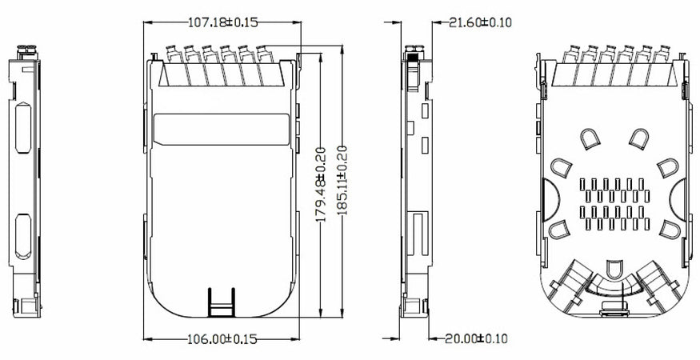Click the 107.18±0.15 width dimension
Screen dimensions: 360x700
pyautogui.click(x=222, y=22)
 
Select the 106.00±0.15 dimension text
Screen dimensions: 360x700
pyautogui.click(x=222, y=338)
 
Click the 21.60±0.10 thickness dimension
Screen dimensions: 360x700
pyautogui.click(x=479, y=22)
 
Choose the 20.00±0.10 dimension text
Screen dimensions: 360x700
pyautogui.click(x=476, y=338)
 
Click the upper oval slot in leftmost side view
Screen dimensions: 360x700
pyautogui.click(x=22, y=127)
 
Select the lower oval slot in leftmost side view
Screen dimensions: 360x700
pyautogui.click(x=22, y=238)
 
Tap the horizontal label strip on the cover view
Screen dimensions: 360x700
pyautogui.click(x=221, y=129)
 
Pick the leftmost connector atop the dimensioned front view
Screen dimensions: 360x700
pyautogui.click(x=170, y=56)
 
